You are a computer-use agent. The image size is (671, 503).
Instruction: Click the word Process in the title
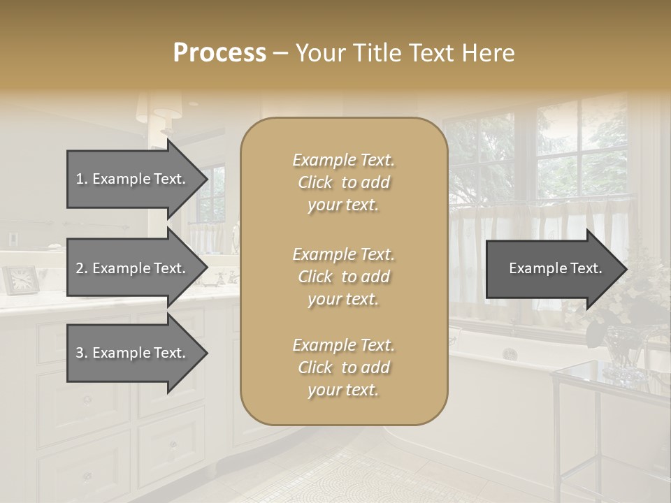[x=219, y=53]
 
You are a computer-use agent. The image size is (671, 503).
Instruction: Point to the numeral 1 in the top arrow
[x=80, y=179]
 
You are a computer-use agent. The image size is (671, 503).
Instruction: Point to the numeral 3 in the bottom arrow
[x=80, y=353]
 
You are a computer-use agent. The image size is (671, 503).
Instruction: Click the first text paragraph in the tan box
[x=343, y=182]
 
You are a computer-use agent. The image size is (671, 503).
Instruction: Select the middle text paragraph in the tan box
[x=343, y=277]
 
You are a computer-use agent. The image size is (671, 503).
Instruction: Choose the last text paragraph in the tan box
[x=343, y=367]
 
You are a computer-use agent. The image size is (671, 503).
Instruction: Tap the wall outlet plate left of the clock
[x=13, y=240]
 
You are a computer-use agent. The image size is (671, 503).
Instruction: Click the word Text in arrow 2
[x=169, y=268]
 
